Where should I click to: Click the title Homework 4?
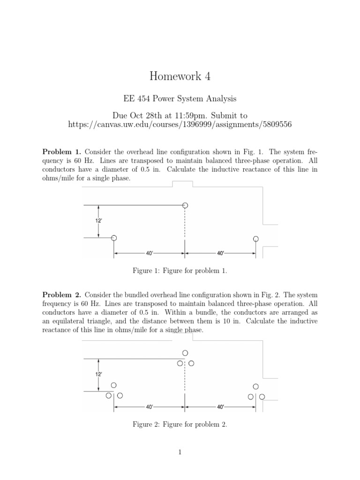click(180, 76)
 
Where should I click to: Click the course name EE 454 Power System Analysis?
click(180, 99)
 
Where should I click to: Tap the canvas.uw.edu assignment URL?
click(180, 124)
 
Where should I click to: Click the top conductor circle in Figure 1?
click(185, 205)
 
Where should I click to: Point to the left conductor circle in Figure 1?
click(113, 238)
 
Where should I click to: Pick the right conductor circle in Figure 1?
click(255, 239)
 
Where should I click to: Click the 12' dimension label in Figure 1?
click(98, 219)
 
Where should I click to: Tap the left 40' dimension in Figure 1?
click(150, 253)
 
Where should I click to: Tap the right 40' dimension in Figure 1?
click(220, 253)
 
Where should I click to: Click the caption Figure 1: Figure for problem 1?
click(180, 271)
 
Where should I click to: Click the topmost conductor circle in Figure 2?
click(185, 352)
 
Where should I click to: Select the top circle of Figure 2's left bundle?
click(113, 385)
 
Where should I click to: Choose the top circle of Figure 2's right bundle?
click(255, 386)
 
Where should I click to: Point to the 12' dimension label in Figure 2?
click(98, 374)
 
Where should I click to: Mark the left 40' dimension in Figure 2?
click(150, 406)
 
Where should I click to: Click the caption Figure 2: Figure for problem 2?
click(180, 424)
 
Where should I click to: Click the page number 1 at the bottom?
click(180, 452)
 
